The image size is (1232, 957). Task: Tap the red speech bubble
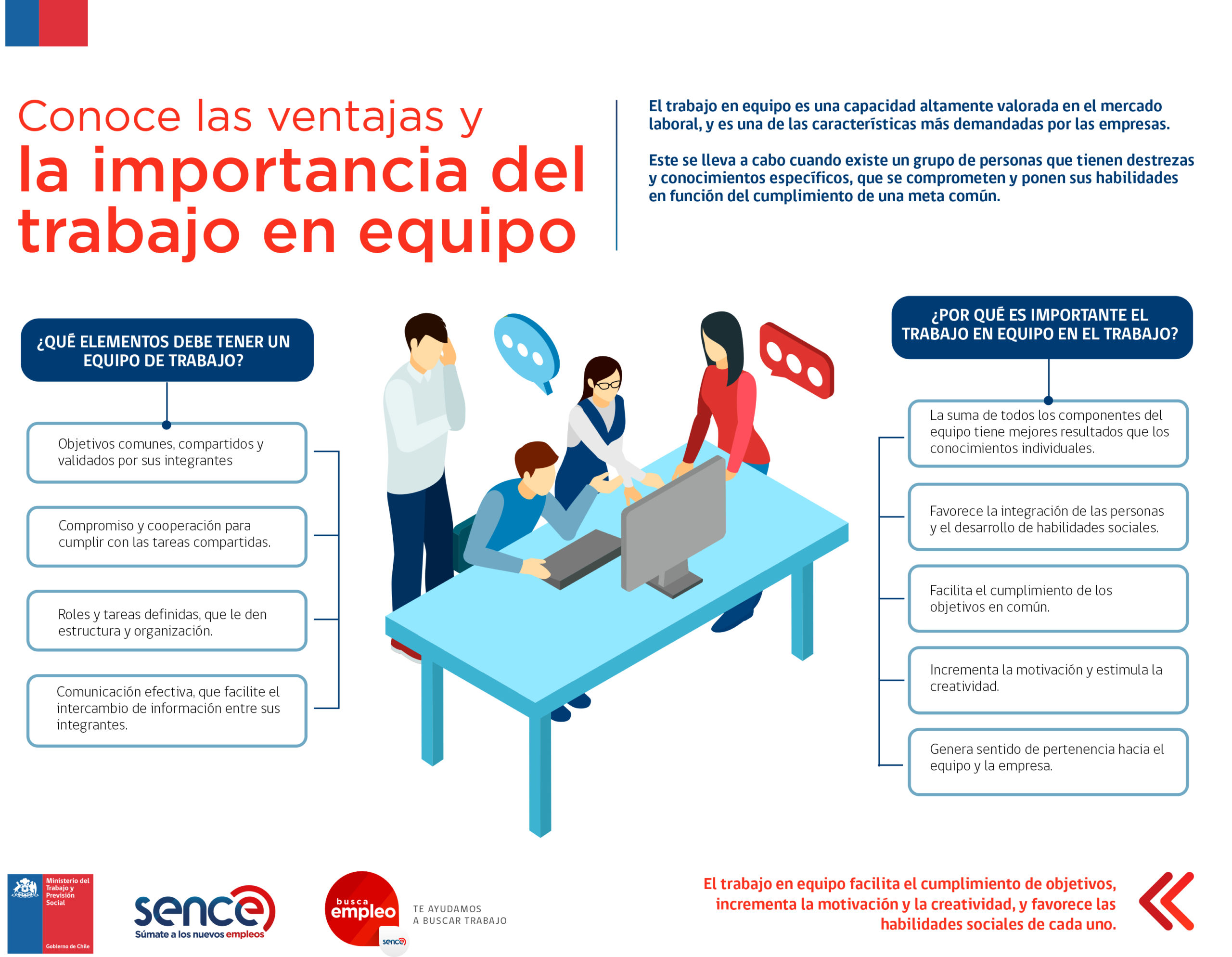[796, 360]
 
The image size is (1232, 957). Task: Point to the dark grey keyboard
[582, 558]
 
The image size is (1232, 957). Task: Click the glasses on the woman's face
[607, 385]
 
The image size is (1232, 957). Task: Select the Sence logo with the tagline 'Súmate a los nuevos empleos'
[204, 912]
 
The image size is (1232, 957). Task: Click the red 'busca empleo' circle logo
[363, 909]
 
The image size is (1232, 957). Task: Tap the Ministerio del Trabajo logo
[50, 914]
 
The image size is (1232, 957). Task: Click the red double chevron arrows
[1167, 901]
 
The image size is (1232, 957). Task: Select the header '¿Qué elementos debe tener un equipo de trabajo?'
[167, 350]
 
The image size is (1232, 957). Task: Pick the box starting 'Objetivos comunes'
[167, 453]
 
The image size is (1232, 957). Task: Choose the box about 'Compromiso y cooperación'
[167, 537]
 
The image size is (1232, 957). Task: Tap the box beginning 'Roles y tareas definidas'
[167, 621]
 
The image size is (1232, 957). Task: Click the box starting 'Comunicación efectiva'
[167, 711]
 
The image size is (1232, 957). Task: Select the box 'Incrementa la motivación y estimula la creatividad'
[1048, 680]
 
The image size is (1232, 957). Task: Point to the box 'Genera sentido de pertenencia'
[1048, 762]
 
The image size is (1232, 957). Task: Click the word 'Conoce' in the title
[99, 117]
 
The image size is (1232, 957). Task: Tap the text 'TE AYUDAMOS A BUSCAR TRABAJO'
[460, 915]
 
